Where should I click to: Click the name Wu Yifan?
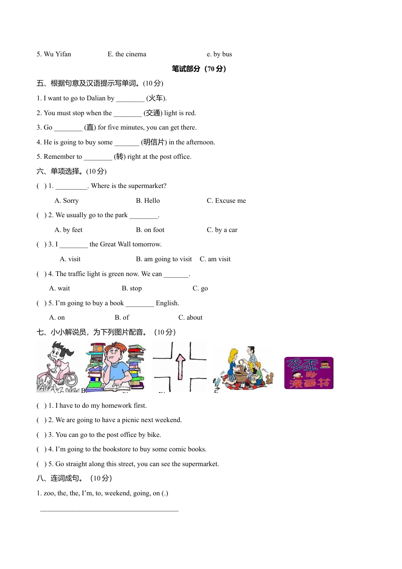coord(58,54)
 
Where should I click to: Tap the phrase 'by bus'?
coord(223,54)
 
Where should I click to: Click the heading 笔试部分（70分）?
coord(199,69)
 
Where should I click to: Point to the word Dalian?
coord(96,98)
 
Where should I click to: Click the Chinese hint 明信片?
coord(154,142)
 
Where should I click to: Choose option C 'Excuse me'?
coord(230,201)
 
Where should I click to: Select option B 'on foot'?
coord(154,230)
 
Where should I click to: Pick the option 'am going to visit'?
coord(168,259)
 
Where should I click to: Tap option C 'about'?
coord(194,318)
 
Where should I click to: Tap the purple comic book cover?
coord(308,373)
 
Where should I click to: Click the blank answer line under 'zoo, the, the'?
coord(109,510)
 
